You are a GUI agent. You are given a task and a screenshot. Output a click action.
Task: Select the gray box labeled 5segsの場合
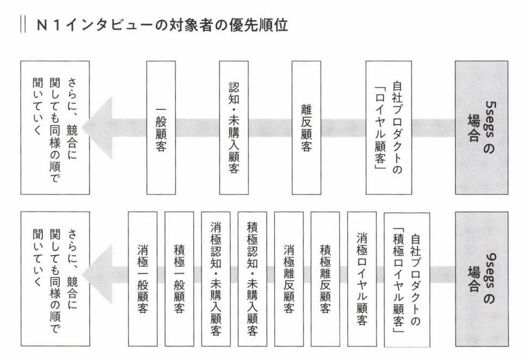(481, 127)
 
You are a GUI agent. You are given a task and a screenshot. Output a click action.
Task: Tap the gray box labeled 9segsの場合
(481, 279)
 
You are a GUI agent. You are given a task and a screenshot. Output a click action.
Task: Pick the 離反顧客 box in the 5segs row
(306, 127)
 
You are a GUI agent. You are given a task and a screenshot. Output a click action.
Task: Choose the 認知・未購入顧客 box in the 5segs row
(234, 127)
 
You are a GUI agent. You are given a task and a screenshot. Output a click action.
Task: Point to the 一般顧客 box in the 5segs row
(161, 127)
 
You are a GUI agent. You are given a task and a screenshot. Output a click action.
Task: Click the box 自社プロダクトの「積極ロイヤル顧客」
(406, 279)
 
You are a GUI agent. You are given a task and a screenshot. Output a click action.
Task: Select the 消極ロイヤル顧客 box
(361, 279)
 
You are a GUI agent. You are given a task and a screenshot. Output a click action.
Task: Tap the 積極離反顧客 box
(325, 279)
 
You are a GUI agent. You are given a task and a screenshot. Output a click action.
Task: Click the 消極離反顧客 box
(289, 279)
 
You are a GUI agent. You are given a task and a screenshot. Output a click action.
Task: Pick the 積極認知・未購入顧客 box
(252, 279)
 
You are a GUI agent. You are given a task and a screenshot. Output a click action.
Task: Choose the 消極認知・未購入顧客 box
(215, 279)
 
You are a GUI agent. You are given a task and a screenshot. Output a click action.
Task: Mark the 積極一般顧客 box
(179, 279)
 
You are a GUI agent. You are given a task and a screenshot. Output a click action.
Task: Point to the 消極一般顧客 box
(142, 279)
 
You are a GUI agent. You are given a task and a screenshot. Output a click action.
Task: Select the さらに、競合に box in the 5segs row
(55, 127)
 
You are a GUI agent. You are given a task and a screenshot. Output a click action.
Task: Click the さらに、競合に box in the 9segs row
(55, 279)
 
